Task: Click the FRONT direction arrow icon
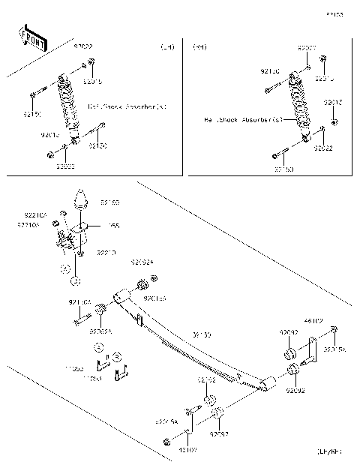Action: coord(32,37)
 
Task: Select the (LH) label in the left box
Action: coord(167,47)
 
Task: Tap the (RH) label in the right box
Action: coord(200,47)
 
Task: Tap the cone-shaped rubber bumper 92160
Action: coord(80,204)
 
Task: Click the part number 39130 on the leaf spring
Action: coord(201,334)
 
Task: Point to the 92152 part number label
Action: coord(207,380)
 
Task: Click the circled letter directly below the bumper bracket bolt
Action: coord(75,280)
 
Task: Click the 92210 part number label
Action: coord(106,253)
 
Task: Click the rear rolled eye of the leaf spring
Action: coord(270,385)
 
